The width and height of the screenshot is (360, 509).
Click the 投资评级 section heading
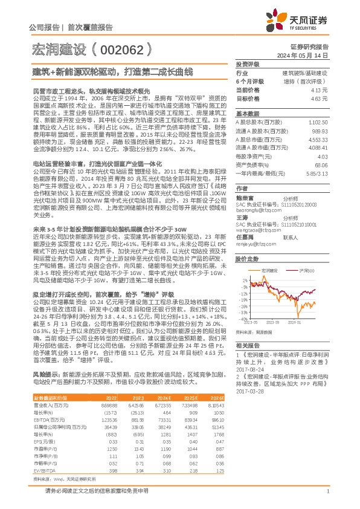click(x=247, y=63)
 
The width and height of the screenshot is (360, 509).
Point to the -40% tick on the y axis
click(x=242, y=319)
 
